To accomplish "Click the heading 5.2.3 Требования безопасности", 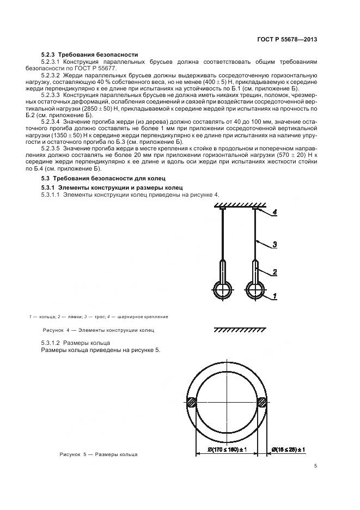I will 90,54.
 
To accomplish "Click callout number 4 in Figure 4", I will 275,213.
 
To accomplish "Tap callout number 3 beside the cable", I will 275,245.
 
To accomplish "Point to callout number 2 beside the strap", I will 275,271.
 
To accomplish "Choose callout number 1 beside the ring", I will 275,296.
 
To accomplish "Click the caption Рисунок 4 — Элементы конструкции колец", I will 99,330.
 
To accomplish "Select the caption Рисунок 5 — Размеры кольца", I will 99,454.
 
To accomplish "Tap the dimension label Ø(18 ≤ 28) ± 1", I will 288,450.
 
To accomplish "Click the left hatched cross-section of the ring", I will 192,404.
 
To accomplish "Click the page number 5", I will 316,465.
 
